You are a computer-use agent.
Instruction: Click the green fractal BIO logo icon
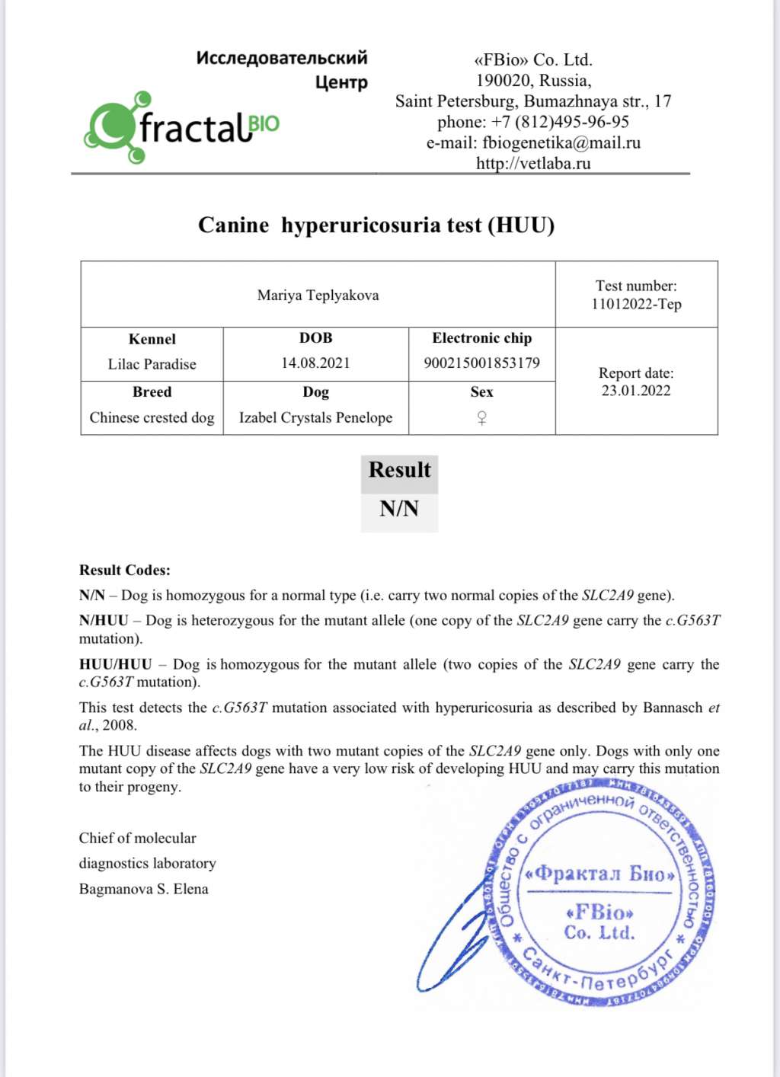tap(114, 128)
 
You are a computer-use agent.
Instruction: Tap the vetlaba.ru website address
tap(533, 163)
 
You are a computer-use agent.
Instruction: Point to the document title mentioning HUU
tap(376, 225)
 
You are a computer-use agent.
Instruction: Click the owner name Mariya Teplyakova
tap(318, 296)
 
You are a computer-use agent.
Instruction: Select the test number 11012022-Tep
tap(636, 304)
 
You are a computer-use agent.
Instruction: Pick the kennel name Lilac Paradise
tap(152, 364)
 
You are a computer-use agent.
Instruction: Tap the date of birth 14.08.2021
tap(315, 363)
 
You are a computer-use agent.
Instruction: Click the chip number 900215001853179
tap(481, 363)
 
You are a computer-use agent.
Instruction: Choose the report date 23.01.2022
tap(636, 391)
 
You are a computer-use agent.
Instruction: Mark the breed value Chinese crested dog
tap(152, 417)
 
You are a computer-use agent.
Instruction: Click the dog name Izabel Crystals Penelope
tap(315, 417)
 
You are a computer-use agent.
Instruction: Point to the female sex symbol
tap(481, 417)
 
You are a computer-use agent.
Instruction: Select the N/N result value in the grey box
tap(399, 508)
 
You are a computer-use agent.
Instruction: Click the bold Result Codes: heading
tap(125, 570)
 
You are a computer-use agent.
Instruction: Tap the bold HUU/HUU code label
tap(115, 664)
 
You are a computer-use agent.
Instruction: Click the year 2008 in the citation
tap(120, 725)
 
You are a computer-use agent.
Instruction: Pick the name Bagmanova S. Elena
tap(143, 889)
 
